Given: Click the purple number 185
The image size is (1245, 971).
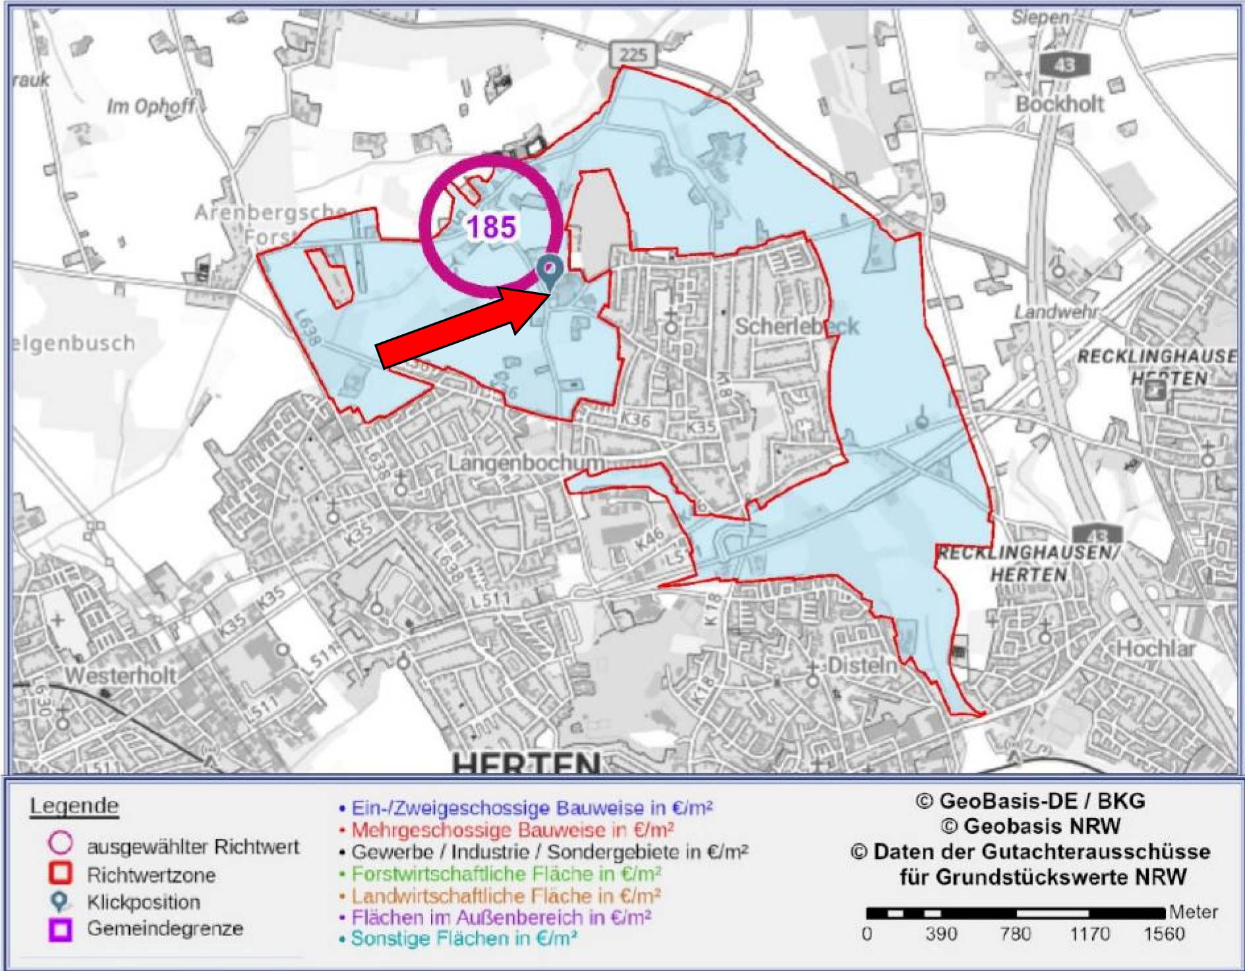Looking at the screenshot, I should click(491, 227).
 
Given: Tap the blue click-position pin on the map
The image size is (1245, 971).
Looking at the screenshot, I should click(548, 270).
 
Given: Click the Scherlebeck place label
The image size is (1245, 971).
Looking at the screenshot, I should click(796, 326).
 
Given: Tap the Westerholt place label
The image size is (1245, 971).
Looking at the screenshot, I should click(121, 675).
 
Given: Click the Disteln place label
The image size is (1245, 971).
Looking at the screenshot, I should click(862, 665).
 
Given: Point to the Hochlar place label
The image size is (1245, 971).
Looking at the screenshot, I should click(1155, 649).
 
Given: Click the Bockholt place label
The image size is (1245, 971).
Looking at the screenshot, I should click(1059, 103).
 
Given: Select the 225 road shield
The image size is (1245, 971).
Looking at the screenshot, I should click(633, 54).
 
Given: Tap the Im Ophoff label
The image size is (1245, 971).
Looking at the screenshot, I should click(152, 105).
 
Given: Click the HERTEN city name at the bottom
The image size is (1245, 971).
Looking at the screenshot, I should click(526, 763).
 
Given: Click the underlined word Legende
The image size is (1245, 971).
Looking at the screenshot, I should click(74, 806).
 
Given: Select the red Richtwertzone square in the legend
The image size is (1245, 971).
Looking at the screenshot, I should click(61, 873).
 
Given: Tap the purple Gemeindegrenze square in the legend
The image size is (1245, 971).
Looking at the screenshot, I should click(61, 929).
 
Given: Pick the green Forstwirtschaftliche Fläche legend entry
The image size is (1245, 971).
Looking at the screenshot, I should click(505, 874).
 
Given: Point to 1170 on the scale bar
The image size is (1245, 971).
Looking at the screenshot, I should click(1089, 933).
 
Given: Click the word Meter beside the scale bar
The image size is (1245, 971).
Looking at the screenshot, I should click(1193, 912).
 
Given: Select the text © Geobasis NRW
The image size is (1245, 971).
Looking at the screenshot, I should click(1030, 826).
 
